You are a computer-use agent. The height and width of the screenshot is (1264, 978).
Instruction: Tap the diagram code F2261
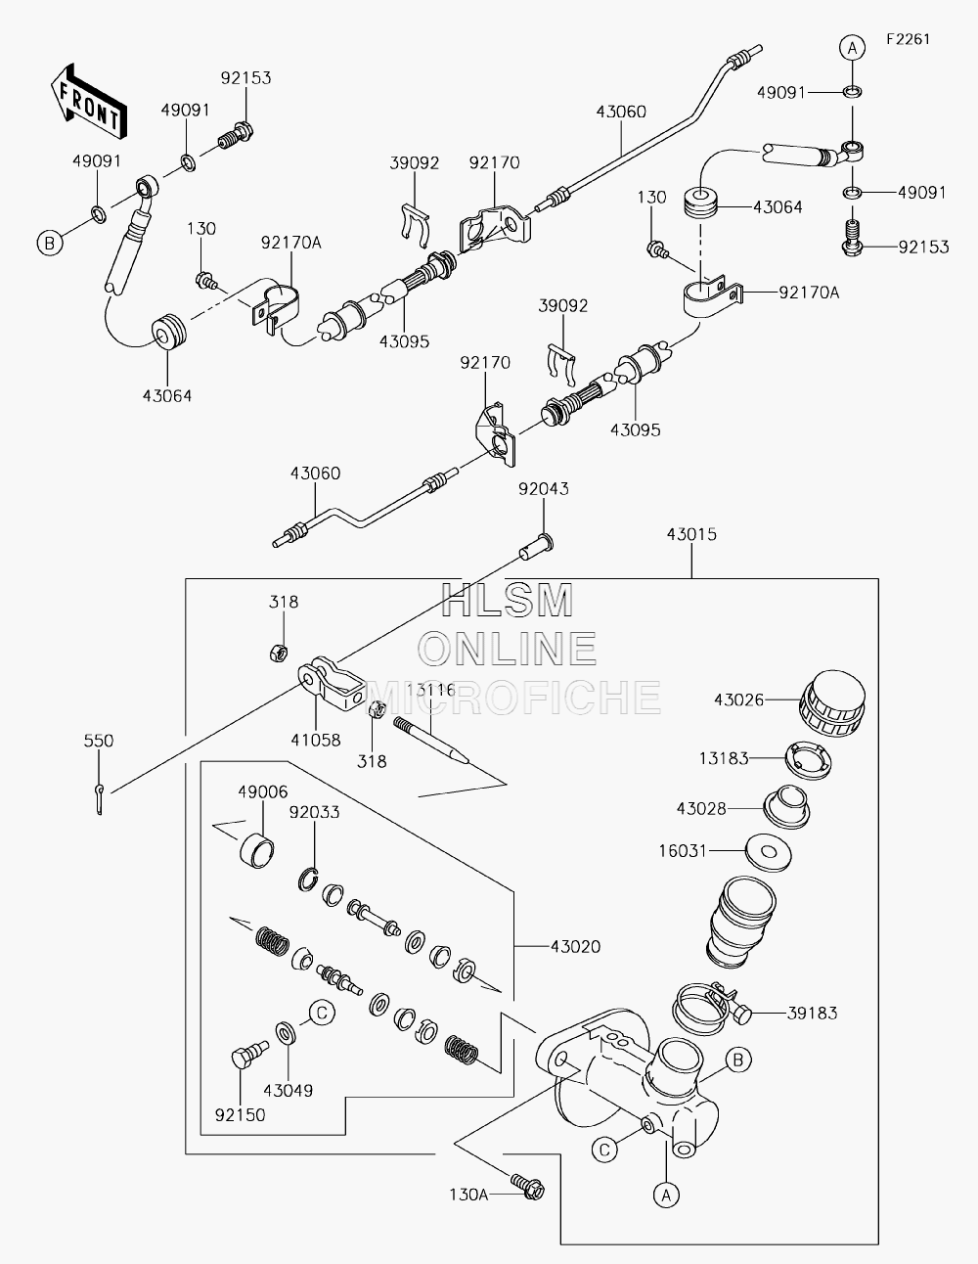[909, 39]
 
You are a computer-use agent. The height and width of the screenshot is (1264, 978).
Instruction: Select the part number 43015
[691, 534]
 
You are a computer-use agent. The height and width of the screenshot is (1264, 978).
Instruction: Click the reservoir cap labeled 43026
[832, 704]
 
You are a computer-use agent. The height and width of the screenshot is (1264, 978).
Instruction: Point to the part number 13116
[431, 691]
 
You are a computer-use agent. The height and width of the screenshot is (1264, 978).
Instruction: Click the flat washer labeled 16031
[769, 853]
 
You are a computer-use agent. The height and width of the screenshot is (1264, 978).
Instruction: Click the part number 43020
[576, 946]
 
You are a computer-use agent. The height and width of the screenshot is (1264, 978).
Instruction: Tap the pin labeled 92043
[536, 547]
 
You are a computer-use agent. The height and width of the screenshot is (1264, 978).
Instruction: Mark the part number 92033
[315, 811]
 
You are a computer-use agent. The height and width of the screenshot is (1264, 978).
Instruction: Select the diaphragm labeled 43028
[786, 807]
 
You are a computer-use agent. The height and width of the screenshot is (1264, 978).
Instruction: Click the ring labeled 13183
[808, 760]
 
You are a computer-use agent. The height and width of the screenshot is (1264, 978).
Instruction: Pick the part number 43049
[289, 1091]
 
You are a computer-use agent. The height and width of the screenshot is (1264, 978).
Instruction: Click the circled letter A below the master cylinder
[666, 1195]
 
